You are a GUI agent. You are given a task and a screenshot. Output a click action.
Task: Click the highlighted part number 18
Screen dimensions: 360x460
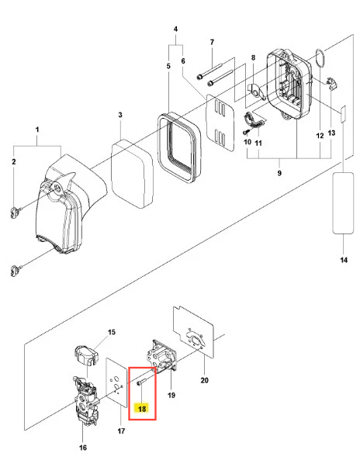[142, 408]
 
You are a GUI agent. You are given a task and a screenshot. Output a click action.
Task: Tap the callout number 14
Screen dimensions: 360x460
[344, 260]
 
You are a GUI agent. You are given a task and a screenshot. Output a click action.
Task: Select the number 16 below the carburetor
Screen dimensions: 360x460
[83, 448]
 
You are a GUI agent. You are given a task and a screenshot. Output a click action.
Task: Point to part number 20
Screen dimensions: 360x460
[205, 380]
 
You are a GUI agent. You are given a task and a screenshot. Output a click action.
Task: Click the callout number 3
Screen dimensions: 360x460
[120, 115]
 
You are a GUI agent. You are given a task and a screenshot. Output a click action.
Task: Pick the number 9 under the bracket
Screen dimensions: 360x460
[279, 173]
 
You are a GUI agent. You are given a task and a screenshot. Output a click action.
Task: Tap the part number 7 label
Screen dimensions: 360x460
[212, 42]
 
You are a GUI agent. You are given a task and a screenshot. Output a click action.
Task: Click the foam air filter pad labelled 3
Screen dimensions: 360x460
[133, 174]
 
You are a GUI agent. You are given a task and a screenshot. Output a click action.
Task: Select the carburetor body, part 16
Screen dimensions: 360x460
[85, 399]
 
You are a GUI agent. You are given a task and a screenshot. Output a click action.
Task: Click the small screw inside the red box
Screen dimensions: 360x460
[141, 382]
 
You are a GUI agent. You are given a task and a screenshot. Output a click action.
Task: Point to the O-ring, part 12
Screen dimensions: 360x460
[320, 58]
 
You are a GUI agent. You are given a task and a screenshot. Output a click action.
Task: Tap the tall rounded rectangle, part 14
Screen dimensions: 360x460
[343, 203]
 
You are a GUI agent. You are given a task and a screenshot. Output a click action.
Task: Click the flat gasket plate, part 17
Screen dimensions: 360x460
[116, 382]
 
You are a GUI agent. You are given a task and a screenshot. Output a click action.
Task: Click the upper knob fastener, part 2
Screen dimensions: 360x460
[16, 213]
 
